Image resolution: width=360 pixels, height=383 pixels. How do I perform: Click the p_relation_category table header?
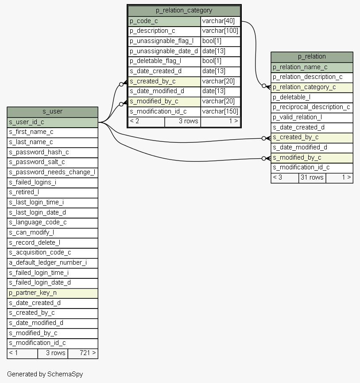[184, 11]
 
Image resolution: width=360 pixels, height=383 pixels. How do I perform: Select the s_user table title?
[53, 112]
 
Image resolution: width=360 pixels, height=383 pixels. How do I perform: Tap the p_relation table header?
[312, 57]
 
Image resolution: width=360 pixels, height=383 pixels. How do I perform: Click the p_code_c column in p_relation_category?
[164, 21]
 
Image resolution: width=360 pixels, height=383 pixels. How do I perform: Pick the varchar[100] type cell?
[221, 31]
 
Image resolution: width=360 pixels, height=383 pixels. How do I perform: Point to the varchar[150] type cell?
[221, 112]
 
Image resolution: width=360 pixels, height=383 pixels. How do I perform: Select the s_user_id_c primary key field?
[53, 122]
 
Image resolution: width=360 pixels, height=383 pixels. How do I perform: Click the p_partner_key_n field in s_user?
[53, 293]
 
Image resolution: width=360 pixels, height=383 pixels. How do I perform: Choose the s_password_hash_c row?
[53, 152]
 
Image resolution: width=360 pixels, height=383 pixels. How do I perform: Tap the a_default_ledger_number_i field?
[53, 263]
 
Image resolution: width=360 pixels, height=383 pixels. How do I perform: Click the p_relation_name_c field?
[312, 67]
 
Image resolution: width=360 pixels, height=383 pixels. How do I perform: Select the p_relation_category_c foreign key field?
[312, 87]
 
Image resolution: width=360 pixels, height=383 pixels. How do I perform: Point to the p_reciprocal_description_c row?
[312, 107]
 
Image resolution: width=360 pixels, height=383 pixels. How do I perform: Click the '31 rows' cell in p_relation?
[312, 178]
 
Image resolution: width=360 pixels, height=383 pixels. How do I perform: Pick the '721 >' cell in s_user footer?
[83, 353]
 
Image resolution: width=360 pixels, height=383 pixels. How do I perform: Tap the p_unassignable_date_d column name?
[164, 51]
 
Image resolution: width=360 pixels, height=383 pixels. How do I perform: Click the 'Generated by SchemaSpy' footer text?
[45, 374]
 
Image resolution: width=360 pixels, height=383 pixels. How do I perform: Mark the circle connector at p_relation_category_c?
[264, 86]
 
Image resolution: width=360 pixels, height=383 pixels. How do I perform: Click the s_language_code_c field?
[53, 223]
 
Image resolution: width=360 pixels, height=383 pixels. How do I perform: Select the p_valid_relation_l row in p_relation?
[312, 117]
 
